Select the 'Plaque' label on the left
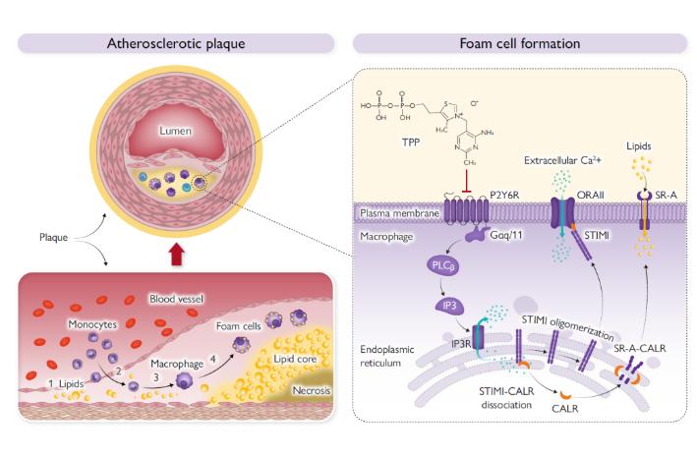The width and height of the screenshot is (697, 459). coord(54,237)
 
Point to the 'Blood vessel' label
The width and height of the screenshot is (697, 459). coord(175,297)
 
